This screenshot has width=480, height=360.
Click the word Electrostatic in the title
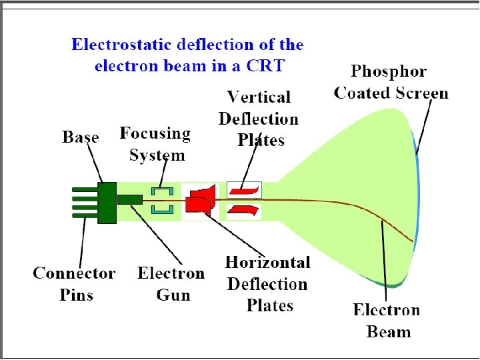point(116,45)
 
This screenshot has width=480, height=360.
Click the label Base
point(81,137)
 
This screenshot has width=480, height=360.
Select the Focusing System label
point(155,144)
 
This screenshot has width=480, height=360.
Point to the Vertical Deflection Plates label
point(259,119)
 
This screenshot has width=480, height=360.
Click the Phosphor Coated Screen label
point(391,82)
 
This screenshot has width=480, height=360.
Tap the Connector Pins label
point(74,283)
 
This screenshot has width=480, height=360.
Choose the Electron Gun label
point(171,283)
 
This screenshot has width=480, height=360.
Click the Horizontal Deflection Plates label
point(268,284)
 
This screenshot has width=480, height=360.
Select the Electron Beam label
point(387,321)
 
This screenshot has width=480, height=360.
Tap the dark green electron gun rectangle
point(130,199)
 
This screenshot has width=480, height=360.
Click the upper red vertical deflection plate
point(245,191)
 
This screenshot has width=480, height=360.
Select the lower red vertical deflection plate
point(245,209)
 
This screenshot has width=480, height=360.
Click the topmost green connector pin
point(85,189)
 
